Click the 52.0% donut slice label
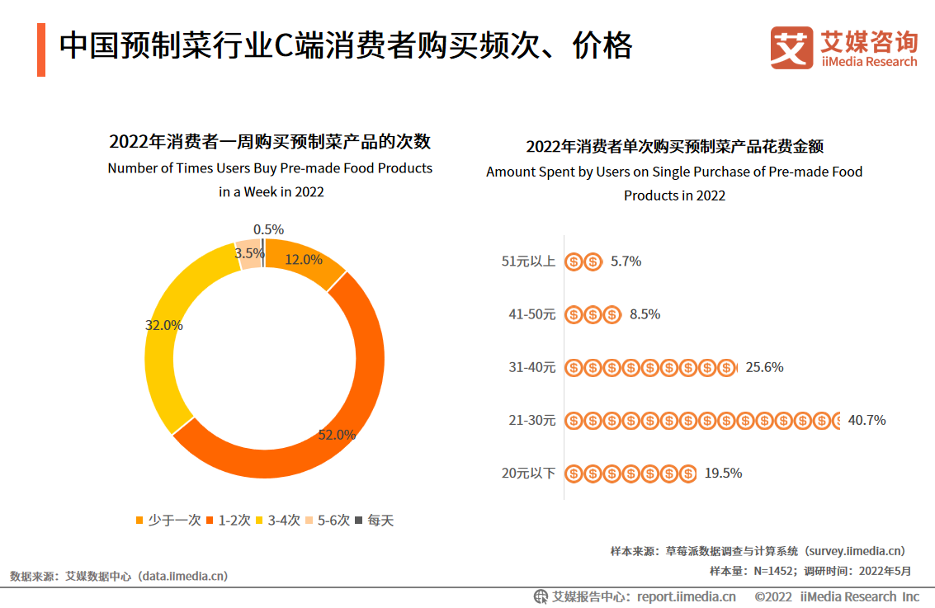(337, 435)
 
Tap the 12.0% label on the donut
(304, 259)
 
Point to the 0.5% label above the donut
(269, 229)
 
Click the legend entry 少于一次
(168, 521)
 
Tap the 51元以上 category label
(529, 262)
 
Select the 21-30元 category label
(532, 420)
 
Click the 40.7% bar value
(867, 420)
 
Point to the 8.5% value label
(645, 314)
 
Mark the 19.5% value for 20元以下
(723, 473)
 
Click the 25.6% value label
(764, 367)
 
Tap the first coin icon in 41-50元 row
(574, 314)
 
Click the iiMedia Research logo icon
(791, 49)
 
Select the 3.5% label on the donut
(249, 253)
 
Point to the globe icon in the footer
(541, 596)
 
